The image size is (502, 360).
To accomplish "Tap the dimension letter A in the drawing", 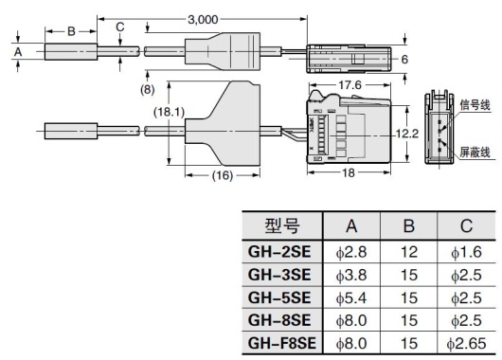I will click(x=18, y=53).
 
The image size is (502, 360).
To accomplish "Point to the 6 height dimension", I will click(x=404, y=59).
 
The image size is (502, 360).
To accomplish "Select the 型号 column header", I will click(x=281, y=225).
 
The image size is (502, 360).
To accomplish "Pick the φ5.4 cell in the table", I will click(x=352, y=297).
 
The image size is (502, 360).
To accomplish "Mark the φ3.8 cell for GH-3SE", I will click(x=352, y=275).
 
